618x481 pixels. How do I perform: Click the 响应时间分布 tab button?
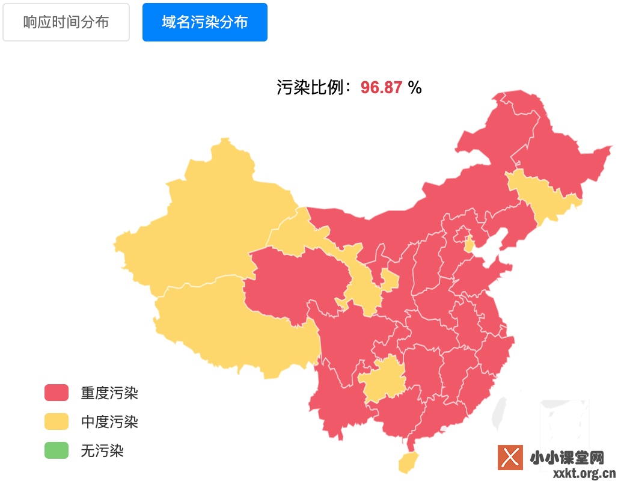coord(66,22)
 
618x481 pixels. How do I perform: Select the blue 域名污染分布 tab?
coord(205,22)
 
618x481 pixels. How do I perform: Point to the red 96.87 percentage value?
coord(381,88)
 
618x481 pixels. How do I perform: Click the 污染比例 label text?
coord(313,88)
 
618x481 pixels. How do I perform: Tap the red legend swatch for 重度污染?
coord(57,393)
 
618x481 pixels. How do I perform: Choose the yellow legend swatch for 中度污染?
coord(57,421)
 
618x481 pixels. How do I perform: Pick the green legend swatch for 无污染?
coord(57,450)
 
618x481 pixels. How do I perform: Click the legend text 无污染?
coord(102,450)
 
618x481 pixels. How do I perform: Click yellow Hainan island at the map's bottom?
coord(409,462)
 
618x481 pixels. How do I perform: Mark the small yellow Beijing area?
coord(469,244)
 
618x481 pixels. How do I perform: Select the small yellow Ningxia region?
coord(390,280)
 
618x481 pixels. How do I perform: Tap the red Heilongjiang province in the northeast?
coord(559,150)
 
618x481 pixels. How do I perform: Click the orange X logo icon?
coord(510,458)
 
